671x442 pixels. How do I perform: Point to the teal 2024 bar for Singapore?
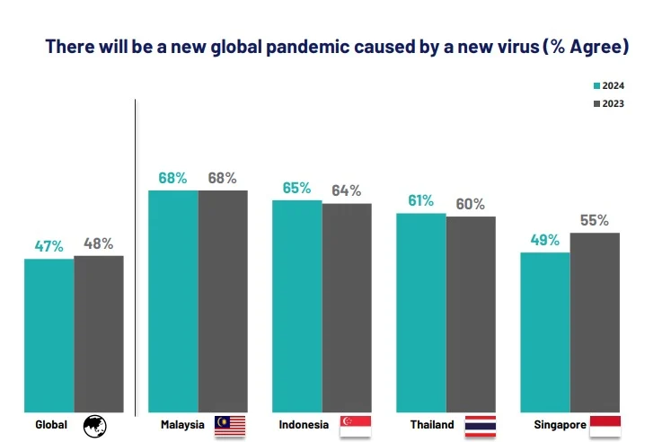pos(544,331)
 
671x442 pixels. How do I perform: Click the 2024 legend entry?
pos(608,86)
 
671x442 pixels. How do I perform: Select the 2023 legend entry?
pos(608,103)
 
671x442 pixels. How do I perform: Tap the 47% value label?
pos(49,246)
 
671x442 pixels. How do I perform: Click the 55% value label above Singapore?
pos(595,220)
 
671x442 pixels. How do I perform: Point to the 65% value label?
pos(296,188)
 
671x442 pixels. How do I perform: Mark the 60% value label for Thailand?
pos(470,204)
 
